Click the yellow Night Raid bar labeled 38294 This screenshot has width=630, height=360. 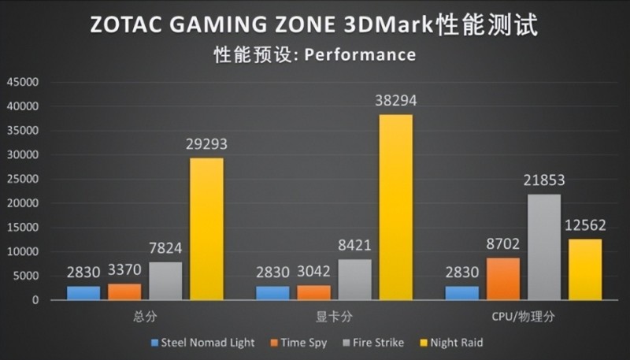[395, 207]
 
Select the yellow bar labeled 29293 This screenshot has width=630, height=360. [206, 228]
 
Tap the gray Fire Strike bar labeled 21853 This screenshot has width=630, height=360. [543, 247]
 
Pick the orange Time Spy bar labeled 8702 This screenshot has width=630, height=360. [502, 279]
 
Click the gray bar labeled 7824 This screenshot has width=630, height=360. [165, 280]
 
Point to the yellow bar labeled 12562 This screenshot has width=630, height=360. [584, 269]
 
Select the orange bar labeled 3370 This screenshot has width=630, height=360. [124, 291]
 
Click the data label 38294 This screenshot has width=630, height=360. [395, 101]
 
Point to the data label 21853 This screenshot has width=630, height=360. [543, 180]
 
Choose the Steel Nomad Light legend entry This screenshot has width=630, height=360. [202, 343]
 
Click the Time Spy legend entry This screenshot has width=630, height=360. [298, 343]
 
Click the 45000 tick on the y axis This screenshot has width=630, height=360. [22, 82]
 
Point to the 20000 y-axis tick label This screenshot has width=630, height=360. [22, 203]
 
